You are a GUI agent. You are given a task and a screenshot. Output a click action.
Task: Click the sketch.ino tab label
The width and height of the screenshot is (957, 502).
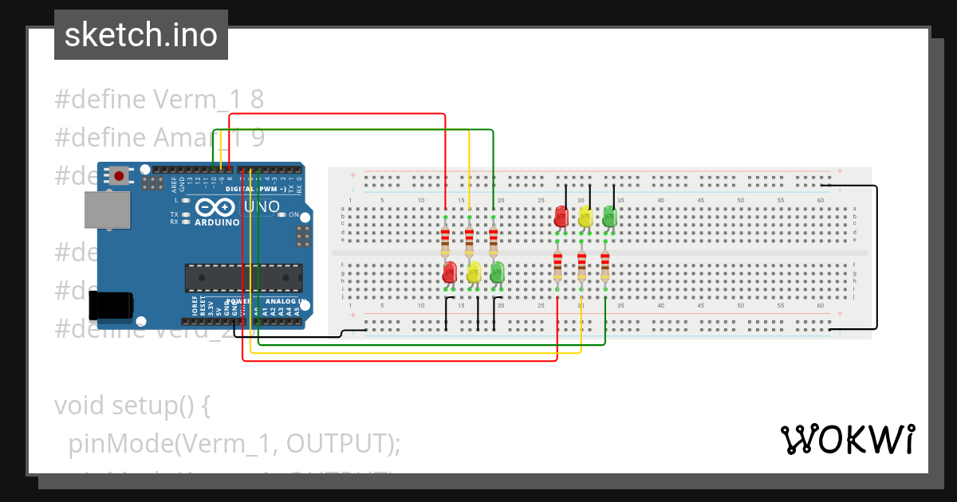140,35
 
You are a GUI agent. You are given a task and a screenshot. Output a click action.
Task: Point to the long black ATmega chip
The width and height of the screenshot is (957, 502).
243,276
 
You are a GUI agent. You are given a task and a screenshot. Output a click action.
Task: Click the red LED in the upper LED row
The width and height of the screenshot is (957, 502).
561,216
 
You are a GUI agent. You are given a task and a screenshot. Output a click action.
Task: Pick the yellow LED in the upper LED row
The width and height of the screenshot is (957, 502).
585,216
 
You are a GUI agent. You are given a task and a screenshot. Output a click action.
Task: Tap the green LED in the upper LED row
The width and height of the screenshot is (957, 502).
609,216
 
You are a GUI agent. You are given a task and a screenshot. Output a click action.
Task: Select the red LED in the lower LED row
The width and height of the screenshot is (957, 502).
449,273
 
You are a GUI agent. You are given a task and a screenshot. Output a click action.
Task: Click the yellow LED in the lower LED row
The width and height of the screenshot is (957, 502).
474,273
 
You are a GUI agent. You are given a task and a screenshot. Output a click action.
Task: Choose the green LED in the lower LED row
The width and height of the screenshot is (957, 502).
497,273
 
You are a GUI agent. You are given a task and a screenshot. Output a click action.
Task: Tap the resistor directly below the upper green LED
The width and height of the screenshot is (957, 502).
605,265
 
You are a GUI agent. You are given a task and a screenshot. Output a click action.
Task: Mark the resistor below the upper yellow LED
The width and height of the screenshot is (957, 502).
581,265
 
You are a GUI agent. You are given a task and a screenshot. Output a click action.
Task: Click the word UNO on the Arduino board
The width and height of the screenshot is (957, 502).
261,207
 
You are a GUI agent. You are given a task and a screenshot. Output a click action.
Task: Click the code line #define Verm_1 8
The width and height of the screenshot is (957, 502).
159,100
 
